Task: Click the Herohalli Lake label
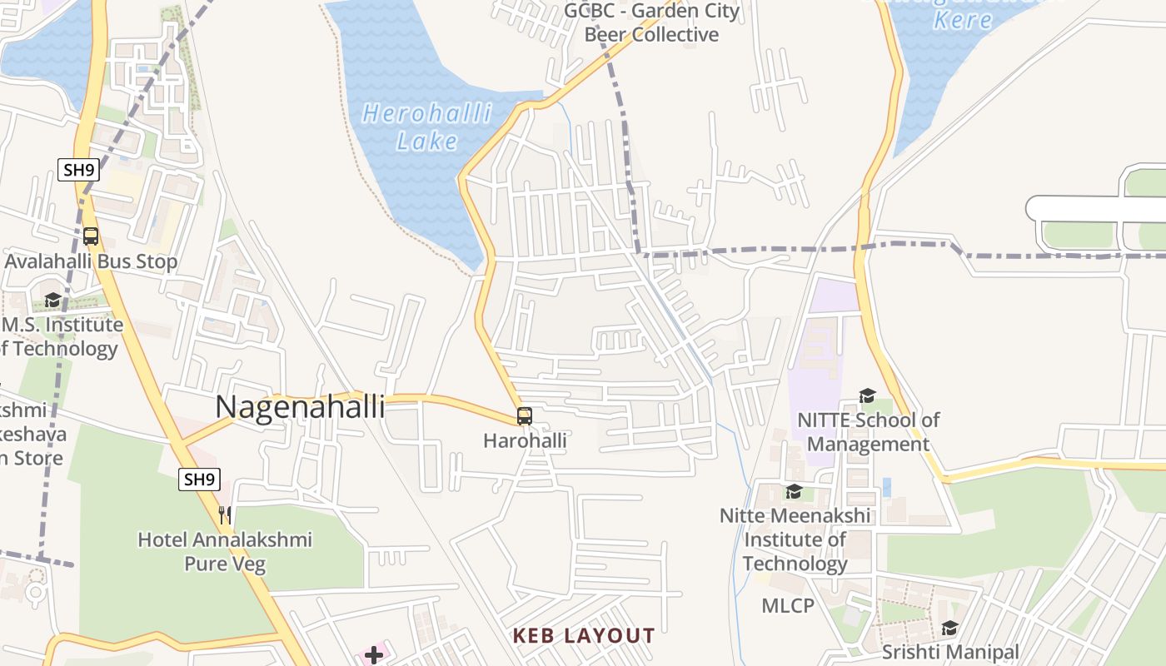tap(427, 127)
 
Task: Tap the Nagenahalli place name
tap(300, 407)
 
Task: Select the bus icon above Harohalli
tap(524, 416)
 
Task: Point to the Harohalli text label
tap(525, 440)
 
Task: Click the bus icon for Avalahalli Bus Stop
tap(91, 236)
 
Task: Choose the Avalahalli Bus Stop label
tap(91, 261)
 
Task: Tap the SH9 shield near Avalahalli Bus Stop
tap(79, 170)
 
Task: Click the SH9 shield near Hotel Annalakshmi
tap(199, 479)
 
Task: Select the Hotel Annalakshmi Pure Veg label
tap(225, 551)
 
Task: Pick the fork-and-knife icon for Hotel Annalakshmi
tap(224, 515)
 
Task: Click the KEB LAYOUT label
tap(584, 636)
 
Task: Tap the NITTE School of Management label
tap(868, 432)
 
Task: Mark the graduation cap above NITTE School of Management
tap(867, 395)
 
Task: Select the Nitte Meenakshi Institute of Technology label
tap(795, 539)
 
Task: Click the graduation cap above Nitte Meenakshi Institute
tap(794, 491)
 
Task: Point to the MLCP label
tap(788, 605)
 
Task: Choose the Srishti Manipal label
tap(949, 651)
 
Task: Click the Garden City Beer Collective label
tap(651, 22)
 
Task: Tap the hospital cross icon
tap(374, 655)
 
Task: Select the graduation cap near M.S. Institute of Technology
tap(52, 300)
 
